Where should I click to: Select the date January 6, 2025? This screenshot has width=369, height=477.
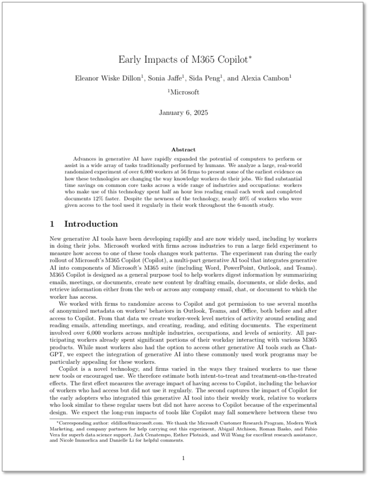(x=184, y=112)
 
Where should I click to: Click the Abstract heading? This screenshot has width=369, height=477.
(x=184, y=149)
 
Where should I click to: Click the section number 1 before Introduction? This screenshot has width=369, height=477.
(x=52, y=224)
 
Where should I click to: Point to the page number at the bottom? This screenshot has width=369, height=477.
(x=184, y=458)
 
